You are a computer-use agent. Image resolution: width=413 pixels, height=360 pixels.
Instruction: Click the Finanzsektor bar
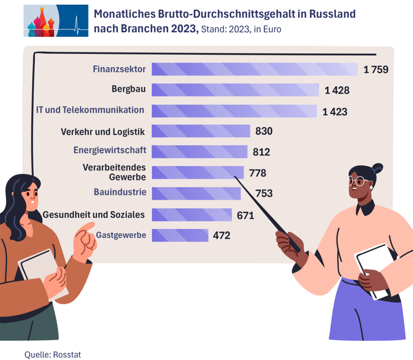[254, 69]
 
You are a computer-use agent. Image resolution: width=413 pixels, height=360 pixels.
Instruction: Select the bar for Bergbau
[235, 90]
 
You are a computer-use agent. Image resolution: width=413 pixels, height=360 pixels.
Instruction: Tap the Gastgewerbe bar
[180, 235]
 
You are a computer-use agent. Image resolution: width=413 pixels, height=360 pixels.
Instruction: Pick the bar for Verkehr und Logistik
[201, 131]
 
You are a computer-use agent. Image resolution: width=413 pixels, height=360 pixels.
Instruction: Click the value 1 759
[375, 69]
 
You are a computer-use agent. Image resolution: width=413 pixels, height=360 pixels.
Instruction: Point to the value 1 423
[335, 112]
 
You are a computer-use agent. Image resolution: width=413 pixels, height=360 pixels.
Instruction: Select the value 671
[245, 215]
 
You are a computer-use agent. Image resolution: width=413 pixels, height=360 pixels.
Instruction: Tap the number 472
[221, 235]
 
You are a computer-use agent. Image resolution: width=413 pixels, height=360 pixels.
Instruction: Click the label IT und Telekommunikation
[90, 110]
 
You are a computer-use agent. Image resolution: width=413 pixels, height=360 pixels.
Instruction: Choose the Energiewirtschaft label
[110, 151]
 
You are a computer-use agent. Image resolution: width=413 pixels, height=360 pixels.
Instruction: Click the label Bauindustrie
[120, 192]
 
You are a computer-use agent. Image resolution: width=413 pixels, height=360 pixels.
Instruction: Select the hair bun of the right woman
[378, 167]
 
